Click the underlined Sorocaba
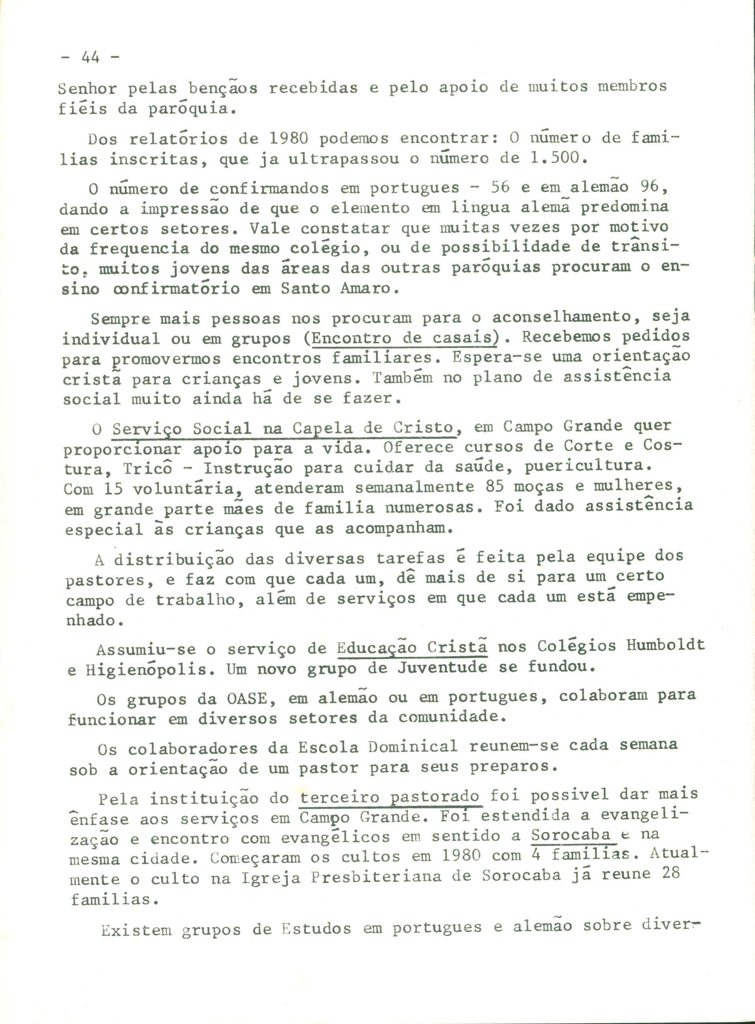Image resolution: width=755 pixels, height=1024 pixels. pos(571,835)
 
